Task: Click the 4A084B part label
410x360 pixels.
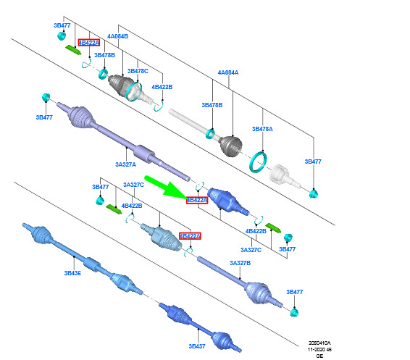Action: coord(117,36)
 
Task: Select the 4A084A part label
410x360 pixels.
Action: coord(228,72)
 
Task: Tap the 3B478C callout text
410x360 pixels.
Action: coord(138,71)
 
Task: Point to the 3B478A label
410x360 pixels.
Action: coord(262,129)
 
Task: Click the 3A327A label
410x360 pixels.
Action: coord(126,164)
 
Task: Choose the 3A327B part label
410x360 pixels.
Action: coord(240,263)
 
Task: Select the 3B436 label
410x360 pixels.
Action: coord(72,273)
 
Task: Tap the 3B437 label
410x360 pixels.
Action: coord(197,346)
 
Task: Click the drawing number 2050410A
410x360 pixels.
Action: coord(319,343)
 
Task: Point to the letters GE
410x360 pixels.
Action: coord(319,356)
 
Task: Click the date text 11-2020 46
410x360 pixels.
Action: coord(319,349)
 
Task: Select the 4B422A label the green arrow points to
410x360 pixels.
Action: coord(197,200)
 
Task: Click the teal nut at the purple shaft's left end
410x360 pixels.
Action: coord(46,97)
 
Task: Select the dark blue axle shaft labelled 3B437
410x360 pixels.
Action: coord(200,327)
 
